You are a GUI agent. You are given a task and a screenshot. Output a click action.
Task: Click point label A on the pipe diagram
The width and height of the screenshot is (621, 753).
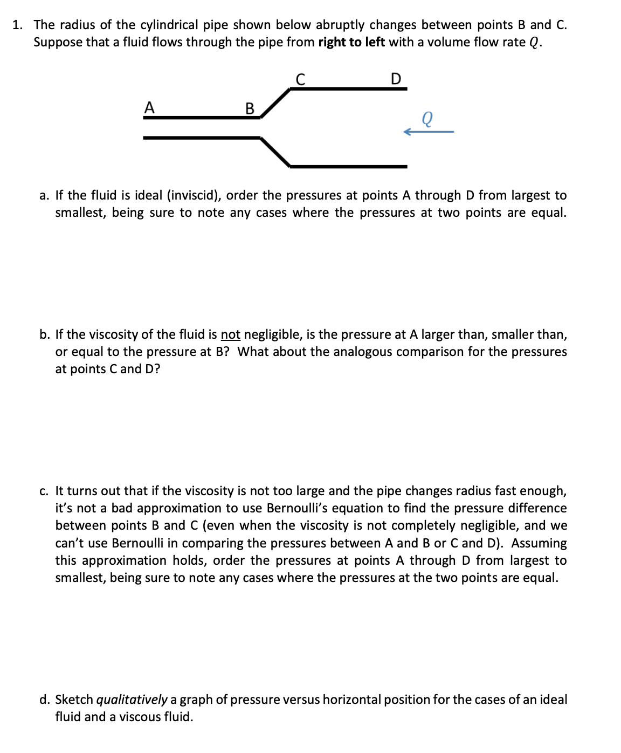coord(149,107)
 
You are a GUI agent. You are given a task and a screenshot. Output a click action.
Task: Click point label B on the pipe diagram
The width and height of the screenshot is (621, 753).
coord(250,108)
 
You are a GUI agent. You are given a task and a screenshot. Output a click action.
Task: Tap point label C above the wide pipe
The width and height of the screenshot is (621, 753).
coord(301,79)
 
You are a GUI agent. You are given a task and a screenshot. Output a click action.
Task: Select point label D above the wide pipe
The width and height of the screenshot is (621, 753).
coord(396,79)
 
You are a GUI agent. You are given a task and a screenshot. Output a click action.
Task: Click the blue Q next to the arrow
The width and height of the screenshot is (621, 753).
coord(427,118)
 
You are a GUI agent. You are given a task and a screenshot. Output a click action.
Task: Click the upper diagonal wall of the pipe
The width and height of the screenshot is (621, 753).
coord(275,102)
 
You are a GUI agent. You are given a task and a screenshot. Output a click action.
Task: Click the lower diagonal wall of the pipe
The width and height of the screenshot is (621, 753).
coord(275,152)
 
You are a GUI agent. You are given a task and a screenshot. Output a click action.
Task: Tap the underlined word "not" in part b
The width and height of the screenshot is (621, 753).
coord(231,334)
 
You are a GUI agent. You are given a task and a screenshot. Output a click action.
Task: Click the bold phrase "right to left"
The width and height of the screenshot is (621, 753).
coord(351,42)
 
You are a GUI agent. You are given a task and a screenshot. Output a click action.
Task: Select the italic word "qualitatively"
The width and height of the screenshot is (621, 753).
coord(132,700)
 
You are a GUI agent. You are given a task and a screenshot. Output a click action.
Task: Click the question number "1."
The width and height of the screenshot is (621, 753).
coord(18,25)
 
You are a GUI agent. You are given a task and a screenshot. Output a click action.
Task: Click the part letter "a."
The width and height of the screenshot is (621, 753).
coord(44,195)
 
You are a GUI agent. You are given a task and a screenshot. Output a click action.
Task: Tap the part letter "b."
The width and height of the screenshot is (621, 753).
coord(45,334)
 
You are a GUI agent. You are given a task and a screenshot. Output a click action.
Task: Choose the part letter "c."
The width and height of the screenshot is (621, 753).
coord(44,491)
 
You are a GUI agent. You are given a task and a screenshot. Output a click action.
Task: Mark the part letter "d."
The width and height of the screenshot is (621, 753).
coord(45,700)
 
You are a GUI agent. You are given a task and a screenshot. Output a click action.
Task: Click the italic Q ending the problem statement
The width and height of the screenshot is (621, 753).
coord(534,43)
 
